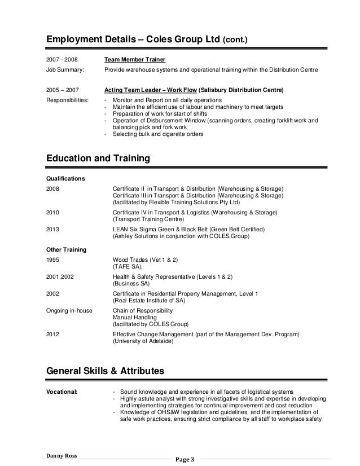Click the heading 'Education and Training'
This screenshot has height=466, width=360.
tap(98, 159)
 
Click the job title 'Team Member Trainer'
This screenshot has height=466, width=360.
tap(135, 59)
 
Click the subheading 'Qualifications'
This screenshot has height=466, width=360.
tap(65, 178)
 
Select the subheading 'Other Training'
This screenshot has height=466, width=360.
tap(65, 249)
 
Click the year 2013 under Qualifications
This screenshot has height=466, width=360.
tap(52, 230)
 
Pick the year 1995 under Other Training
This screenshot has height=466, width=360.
tap(52, 260)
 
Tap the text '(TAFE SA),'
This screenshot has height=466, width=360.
tap(128, 267)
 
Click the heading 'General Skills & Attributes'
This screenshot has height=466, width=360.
tap(105, 372)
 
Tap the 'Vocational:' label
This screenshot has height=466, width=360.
tap(62, 392)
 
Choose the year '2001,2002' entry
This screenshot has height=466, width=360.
tap(59, 277)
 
